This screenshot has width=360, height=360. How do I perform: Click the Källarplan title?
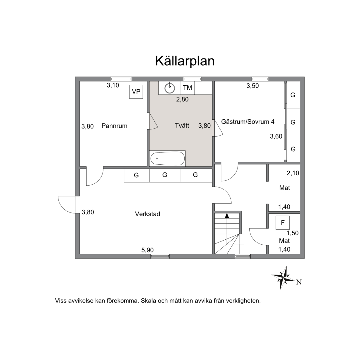(185, 61)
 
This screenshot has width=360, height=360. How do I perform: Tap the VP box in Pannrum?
(136, 92)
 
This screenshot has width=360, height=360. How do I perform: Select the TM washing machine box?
(187, 88)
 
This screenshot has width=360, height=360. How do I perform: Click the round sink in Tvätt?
(170, 88)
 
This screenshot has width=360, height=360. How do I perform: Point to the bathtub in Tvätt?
(167, 158)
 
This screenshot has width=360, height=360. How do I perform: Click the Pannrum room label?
(114, 126)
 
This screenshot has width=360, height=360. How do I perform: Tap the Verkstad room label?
(147, 214)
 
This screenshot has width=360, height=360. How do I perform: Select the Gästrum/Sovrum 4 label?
(248, 122)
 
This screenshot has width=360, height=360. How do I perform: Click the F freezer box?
(282, 222)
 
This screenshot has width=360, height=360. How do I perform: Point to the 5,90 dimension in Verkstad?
(147, 250)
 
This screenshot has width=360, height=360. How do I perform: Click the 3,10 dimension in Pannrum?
(113, 85)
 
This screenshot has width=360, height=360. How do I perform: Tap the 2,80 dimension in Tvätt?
(182, 99)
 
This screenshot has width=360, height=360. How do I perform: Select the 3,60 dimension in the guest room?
(276, 136)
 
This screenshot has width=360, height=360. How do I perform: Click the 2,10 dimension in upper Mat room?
(293, 173)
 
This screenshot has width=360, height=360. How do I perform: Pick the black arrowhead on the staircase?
(227, 216)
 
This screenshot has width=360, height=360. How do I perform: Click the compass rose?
(283, 277)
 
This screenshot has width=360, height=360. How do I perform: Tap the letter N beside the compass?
(299, 282)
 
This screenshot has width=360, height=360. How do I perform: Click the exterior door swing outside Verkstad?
(67, 205)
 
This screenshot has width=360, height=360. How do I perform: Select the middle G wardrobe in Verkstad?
(165, 175)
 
